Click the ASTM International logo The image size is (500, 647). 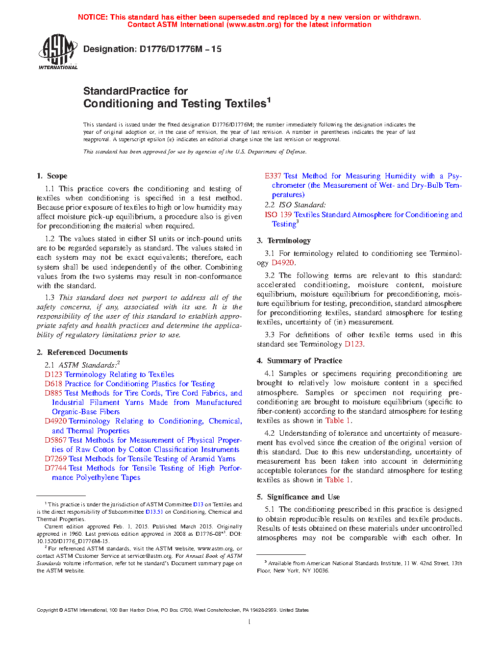tap(58, 51)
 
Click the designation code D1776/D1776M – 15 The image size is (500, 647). tap(180, 49)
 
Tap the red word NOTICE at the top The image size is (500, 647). tap(93, 17)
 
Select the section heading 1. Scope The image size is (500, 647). tap(52, 176)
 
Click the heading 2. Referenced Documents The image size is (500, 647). tap(82, 352)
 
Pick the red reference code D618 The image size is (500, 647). tap(53, 384)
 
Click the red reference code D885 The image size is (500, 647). tap(53, 393)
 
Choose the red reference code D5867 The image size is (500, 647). tap(55, 440)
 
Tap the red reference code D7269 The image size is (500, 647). tap(55, 459)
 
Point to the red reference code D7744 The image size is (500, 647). tap(55, 468)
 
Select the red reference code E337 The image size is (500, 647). tap(273, 176)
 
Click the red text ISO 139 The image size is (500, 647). tap(278, 215)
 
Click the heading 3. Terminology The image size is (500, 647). tap(284, 241)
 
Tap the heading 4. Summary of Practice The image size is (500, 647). tap(300, 361)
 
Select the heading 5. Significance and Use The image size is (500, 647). tap(298, 497)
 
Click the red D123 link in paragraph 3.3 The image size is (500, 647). tap(353, 344)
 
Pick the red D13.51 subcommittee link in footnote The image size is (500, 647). tap(154, 512)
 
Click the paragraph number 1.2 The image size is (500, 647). tap(50, 239)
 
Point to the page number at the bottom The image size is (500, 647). tap(250, 622)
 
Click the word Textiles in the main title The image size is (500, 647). tap(246, 103)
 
